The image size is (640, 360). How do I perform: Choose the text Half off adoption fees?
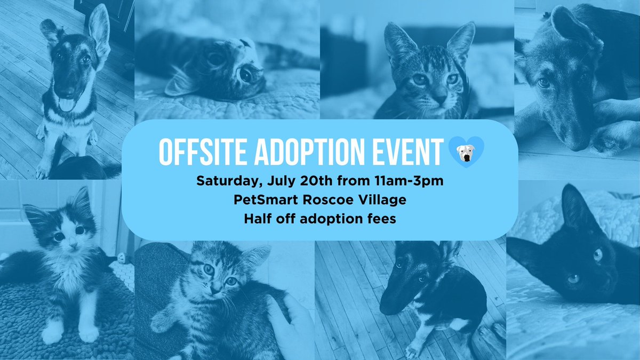coord(319,219)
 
